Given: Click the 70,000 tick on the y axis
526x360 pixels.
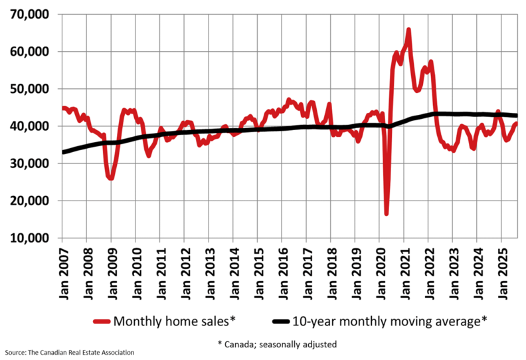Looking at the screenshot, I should point(31,14).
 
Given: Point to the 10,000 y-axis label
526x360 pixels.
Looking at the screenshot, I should point(31,238).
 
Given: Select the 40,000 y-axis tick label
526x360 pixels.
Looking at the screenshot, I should point(31,126).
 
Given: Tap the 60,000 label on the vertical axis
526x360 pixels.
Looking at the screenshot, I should point(31,51).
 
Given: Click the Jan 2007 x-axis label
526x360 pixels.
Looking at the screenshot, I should point(64,269).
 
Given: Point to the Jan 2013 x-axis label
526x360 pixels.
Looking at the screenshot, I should point(209,269).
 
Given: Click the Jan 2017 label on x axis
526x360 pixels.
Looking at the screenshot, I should point(306,269).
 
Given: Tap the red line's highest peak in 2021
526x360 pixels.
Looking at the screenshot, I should point(408,30).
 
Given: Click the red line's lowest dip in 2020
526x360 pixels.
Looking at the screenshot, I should point(387,213).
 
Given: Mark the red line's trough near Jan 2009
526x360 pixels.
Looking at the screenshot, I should point(110,178).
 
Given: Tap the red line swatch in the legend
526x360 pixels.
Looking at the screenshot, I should point(100,321).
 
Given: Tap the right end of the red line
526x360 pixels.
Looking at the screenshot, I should point(517,124).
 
